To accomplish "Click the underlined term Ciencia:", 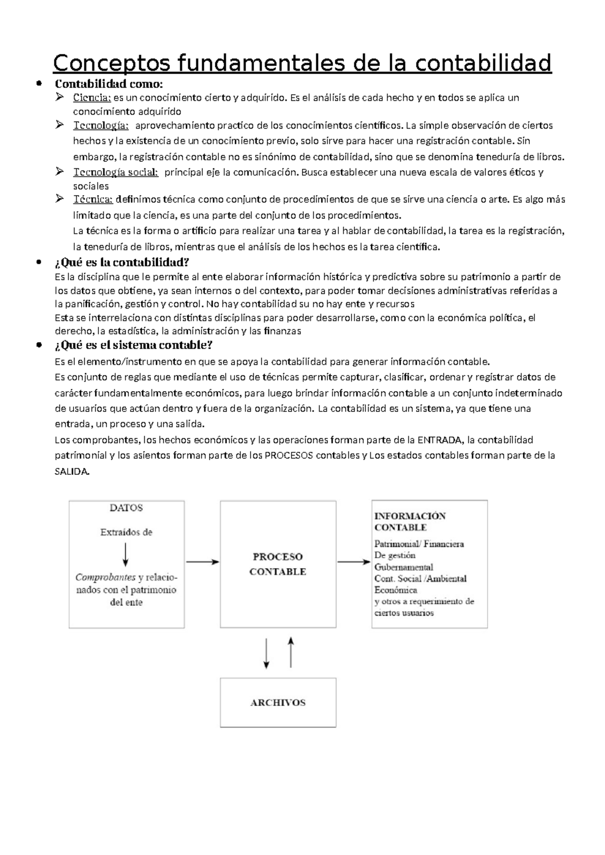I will [92, 97].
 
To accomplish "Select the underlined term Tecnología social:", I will [115, 172].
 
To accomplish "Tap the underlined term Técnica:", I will [93, 199].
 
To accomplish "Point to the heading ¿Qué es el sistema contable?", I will [133, 345].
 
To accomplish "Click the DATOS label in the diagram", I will [126, 508].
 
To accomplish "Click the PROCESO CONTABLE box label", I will [278, 564].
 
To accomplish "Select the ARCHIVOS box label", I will [278, 703].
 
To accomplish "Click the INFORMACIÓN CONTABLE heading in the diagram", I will [409, 522].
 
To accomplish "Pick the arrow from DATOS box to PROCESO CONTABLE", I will [203, 562].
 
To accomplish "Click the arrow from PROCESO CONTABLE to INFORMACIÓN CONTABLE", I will [353, 562].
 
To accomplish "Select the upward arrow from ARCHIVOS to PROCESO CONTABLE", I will [290, 652].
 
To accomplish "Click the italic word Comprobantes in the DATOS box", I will [105, 577].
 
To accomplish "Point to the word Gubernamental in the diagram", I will [403, 567].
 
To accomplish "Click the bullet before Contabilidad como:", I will [39, 84].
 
